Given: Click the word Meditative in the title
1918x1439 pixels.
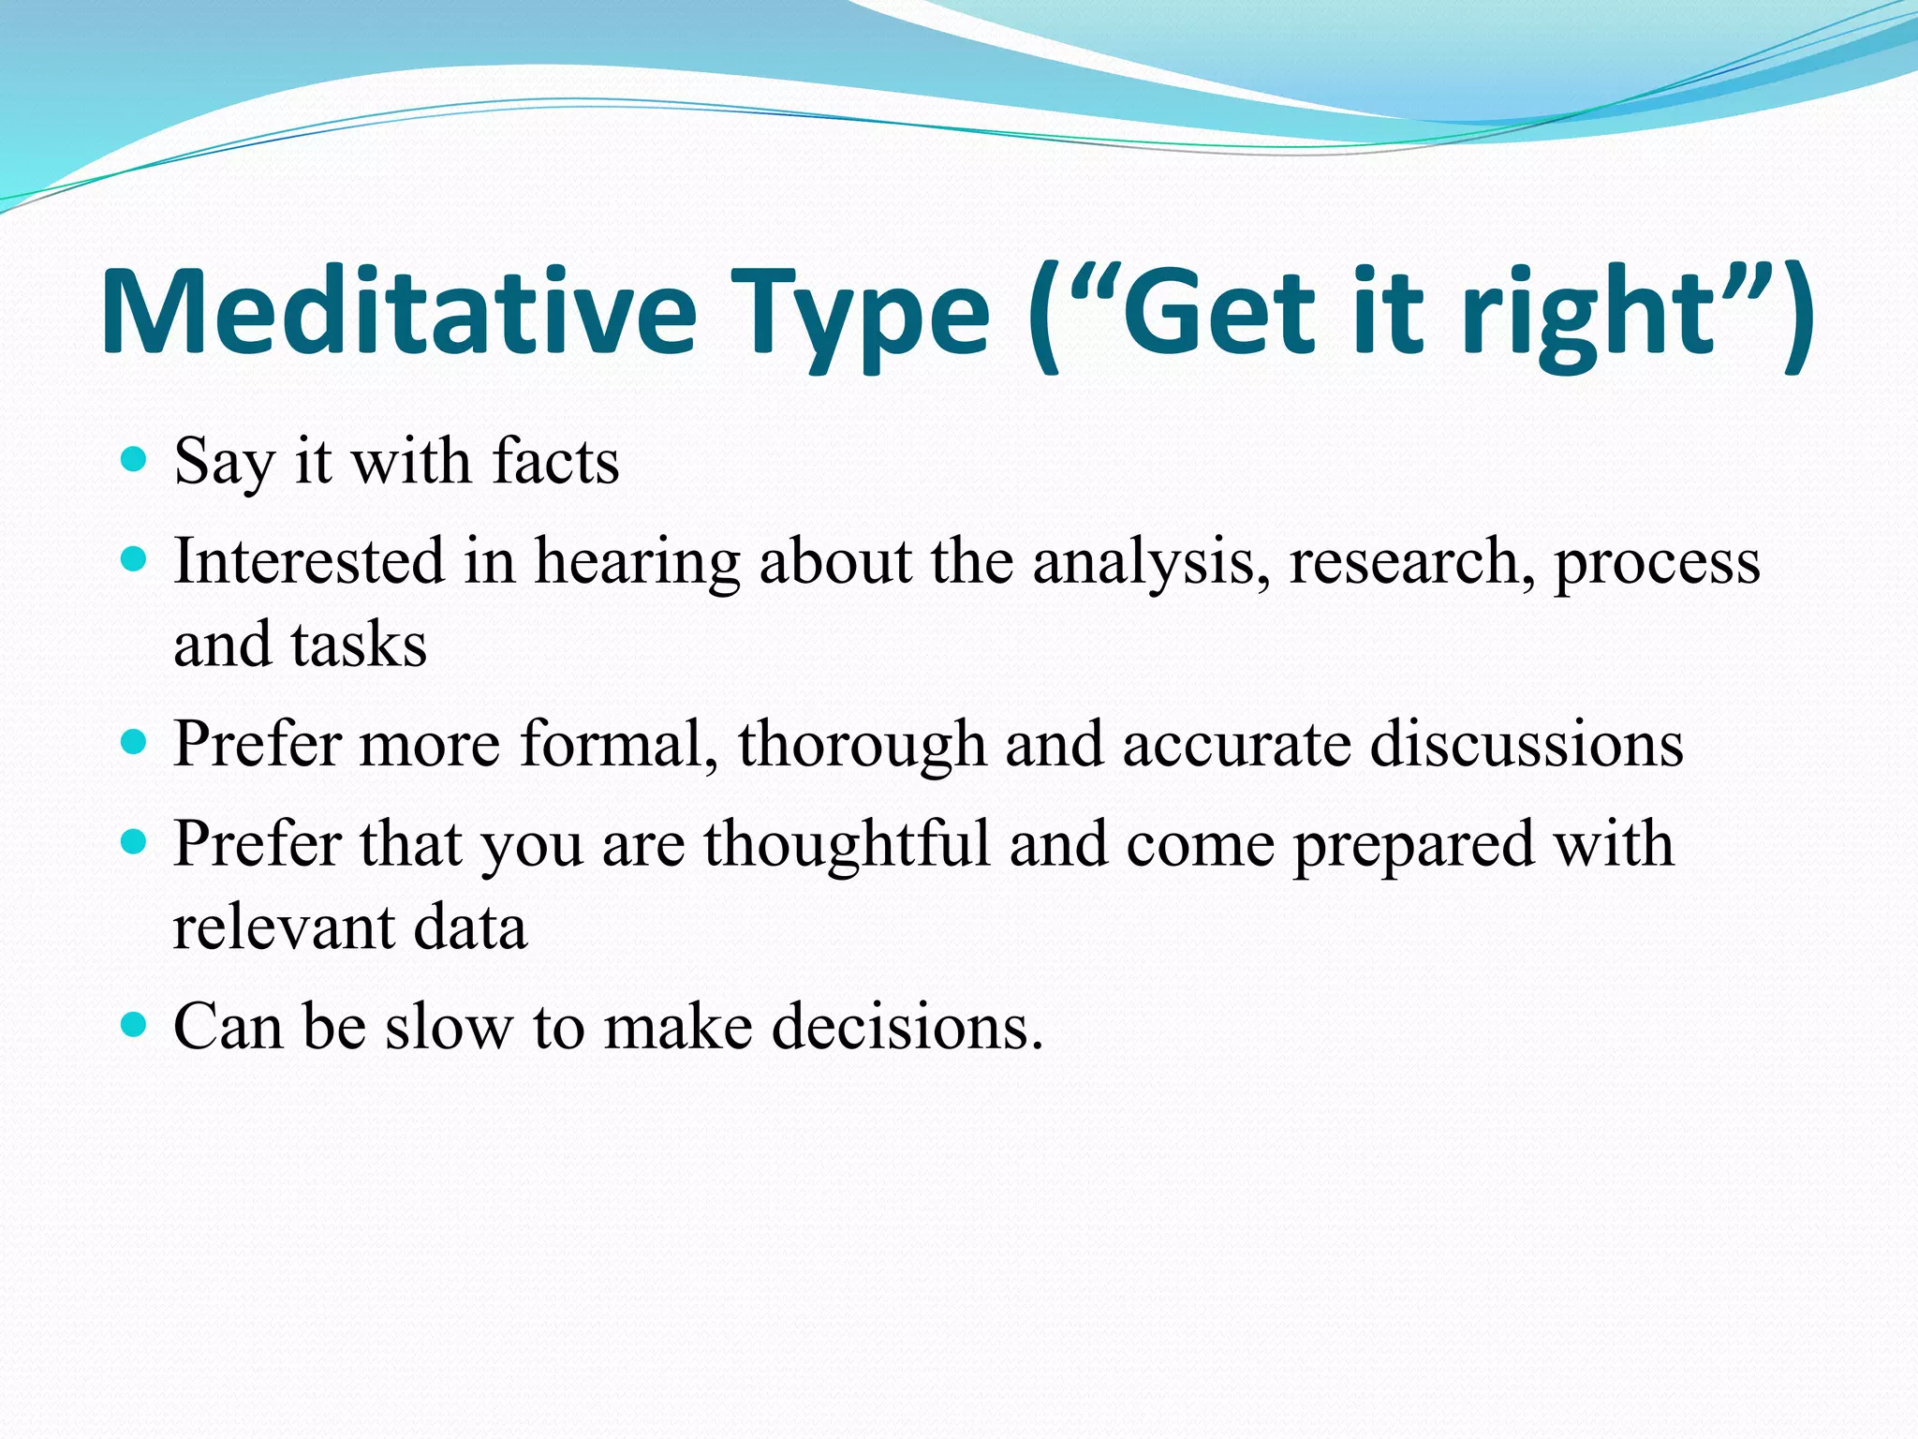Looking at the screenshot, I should tap(398, 311).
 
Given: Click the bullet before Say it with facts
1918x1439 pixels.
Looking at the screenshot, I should tap(135, 459).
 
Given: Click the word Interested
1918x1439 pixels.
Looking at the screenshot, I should tap(309, 561).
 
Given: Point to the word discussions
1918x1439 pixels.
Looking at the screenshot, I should tap(1527, 744).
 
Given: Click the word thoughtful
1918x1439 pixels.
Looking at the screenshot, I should tap(847, 844).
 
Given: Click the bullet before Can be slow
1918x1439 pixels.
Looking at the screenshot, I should tap(135, 1024).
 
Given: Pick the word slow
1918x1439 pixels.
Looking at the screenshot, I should tap(449, 1027).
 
